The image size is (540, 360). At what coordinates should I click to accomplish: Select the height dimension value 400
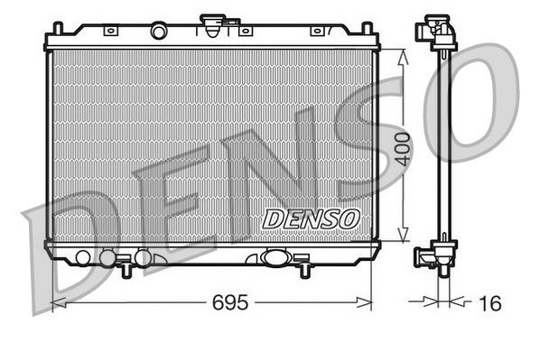pyautogui.click(x=404, y=148)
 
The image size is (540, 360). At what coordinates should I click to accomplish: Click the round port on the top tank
pyautogui.click(x=159, y=32)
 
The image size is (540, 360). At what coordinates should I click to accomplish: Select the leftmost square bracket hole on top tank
pyautogui.click(x=110, y=31)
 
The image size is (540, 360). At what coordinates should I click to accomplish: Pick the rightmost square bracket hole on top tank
pyautogui.click(x=317, y=31)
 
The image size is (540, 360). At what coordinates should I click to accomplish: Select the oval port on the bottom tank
pyautogui.click(x=274, y=257)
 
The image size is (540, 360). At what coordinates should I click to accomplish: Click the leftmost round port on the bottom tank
pyautogui.click(x=83, y=257)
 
